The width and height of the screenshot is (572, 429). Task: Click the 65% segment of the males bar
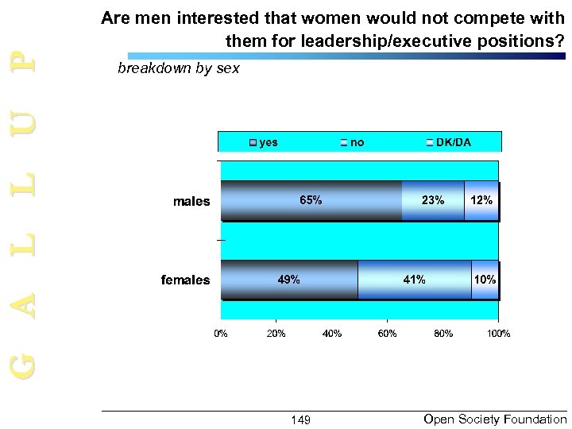point(311,200)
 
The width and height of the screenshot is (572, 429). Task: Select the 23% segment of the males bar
point(433,200)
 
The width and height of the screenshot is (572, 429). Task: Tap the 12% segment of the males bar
point(481,200)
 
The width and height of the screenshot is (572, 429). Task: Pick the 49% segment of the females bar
point(289,280)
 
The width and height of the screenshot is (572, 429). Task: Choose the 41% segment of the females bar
point(414,280)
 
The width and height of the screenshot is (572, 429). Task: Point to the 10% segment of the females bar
point(485,280)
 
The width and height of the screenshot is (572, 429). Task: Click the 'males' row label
point(191,201)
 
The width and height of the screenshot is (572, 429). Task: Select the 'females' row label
point(185,280)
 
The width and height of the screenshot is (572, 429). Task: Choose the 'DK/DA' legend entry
point(449,142)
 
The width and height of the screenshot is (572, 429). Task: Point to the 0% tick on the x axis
point(221,333)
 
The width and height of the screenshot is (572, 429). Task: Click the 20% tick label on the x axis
point(276,333)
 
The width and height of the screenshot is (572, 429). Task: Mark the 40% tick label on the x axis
point(332,333)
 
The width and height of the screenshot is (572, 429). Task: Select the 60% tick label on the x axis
point(388,333)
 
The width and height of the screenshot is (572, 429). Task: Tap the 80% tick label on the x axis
point(443,333)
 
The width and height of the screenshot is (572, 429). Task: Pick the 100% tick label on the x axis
point(498,333)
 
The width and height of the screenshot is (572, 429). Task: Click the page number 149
point(300,419)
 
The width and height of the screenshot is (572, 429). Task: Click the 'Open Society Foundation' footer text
point(496,418)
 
